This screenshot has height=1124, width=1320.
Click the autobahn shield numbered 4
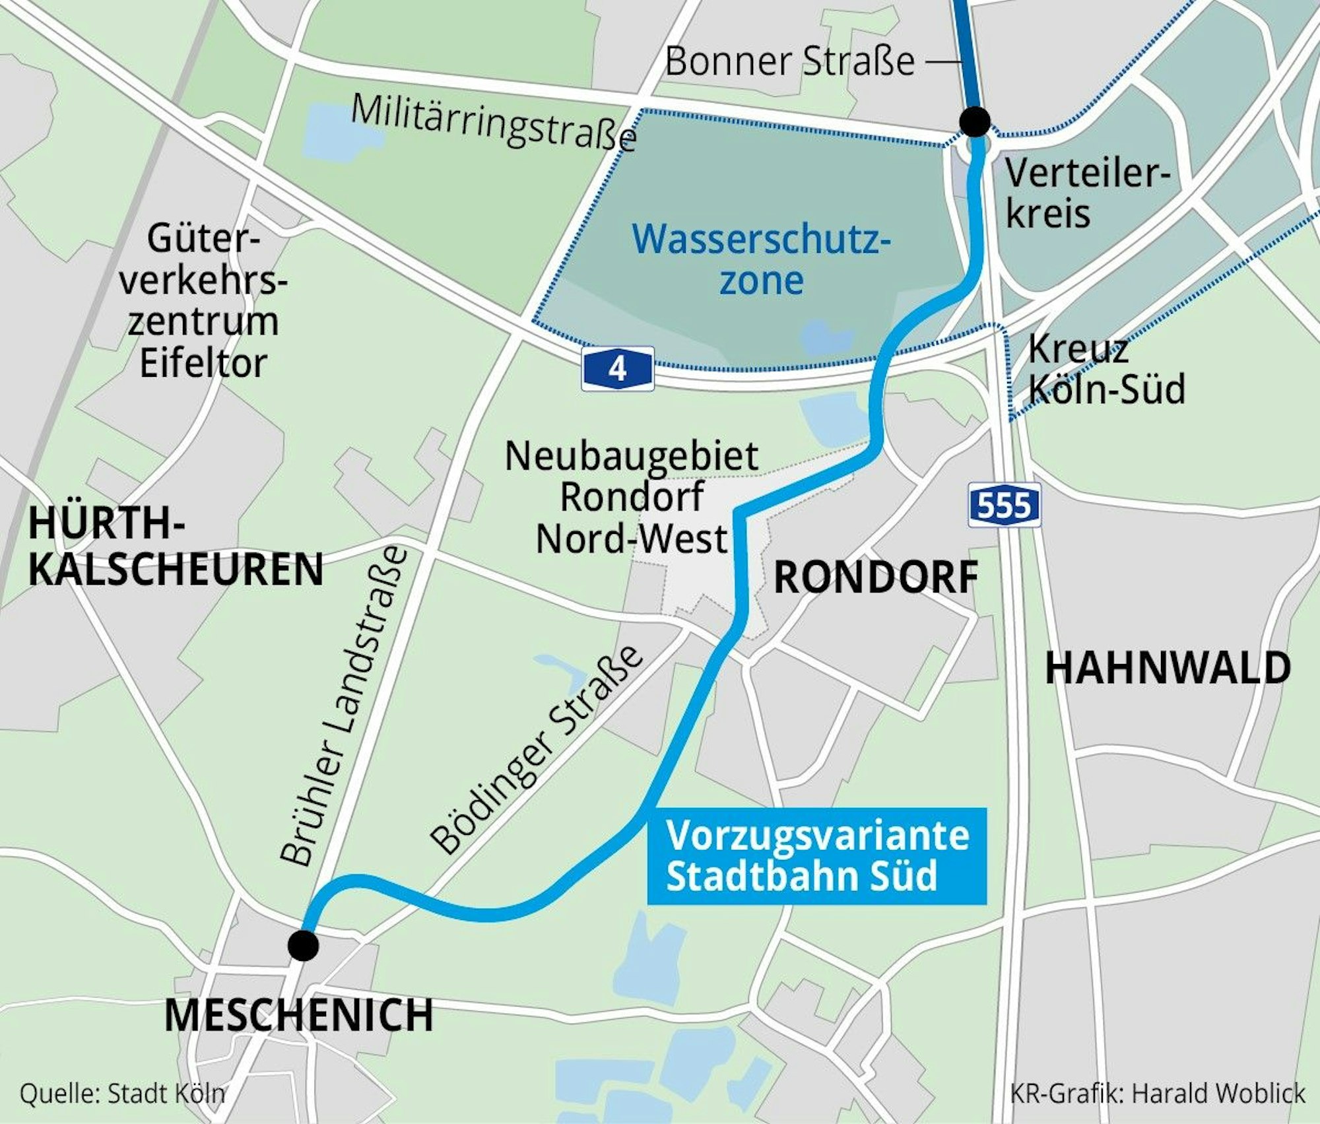point(617,369)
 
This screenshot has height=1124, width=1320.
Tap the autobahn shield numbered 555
point(1004,505)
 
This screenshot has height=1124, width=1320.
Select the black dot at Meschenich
point(304,945)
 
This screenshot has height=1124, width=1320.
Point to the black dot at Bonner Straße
point(975,121)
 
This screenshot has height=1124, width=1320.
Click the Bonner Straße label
point(790,62)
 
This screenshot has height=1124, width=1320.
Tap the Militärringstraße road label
point(494,123)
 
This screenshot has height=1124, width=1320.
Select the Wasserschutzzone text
point(761,259)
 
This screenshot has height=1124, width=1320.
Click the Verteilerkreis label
point(1086,194)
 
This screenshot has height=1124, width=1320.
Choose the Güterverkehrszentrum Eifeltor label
point(203,300)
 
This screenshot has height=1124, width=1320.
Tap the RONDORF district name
point(875,578)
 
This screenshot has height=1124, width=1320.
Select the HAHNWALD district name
point(1168,668)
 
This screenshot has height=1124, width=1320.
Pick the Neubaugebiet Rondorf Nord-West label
point(632,497)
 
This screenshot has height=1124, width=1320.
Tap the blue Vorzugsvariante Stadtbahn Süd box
point(816,855)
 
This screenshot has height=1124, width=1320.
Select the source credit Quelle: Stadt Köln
point(123,1093)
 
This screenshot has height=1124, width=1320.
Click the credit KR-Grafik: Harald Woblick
point(1157,1093)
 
